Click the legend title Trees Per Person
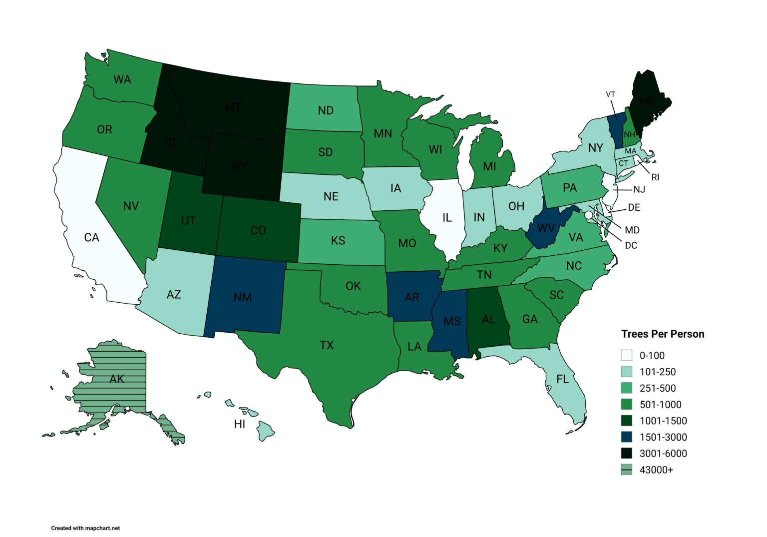(662, 334)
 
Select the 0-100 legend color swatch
(626, 355)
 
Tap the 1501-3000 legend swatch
(626, 437)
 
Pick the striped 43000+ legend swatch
(626, 470)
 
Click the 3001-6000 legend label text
(663, 454)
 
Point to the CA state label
(91, 237)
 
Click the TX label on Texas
(327, 345)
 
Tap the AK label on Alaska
(117, 379)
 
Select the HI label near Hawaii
(240, 424)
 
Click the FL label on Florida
(563, 379)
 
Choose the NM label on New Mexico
(243, 297)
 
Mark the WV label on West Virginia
(546, 228)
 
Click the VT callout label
(611, 94)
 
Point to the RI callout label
(655, 177)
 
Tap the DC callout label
(631, 245)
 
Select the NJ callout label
(639, 189)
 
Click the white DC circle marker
(589, 215)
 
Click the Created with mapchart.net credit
(85, 528)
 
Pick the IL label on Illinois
(447, 218)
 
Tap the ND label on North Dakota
(326, 110)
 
